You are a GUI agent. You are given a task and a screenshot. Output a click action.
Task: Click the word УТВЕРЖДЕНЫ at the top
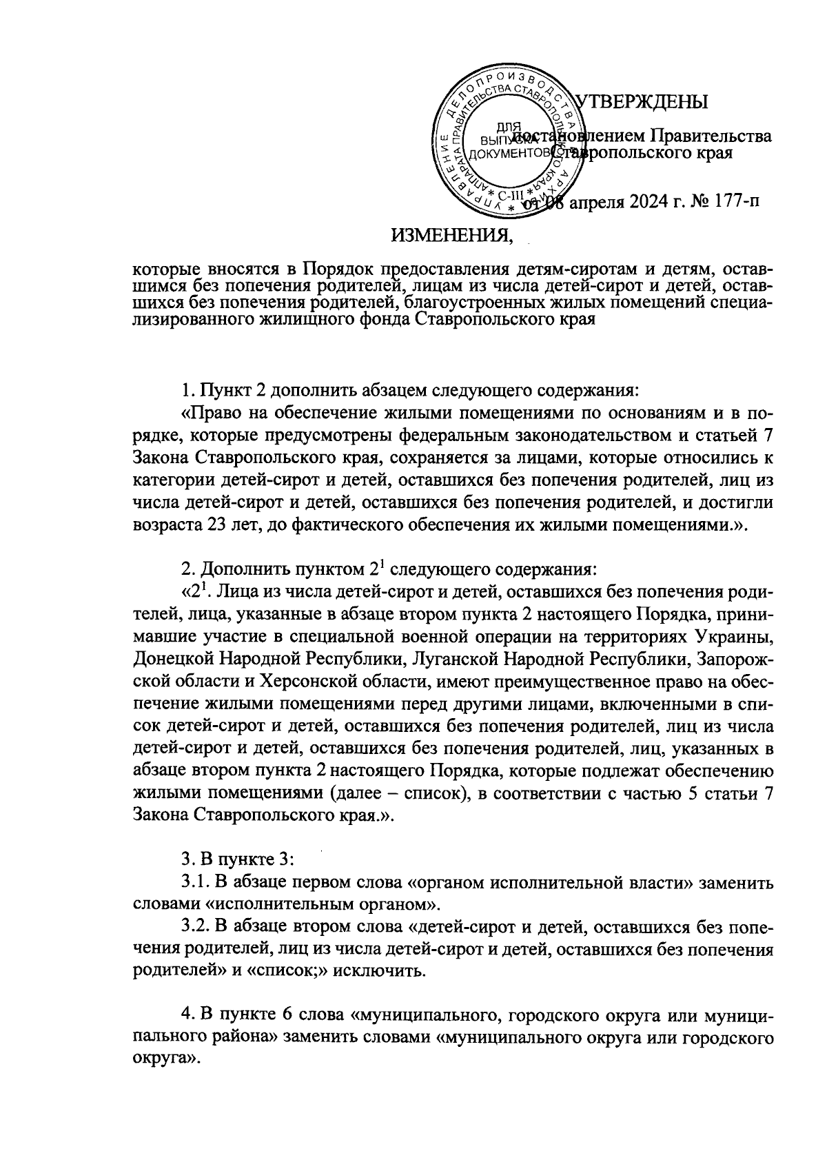(644, 102)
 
